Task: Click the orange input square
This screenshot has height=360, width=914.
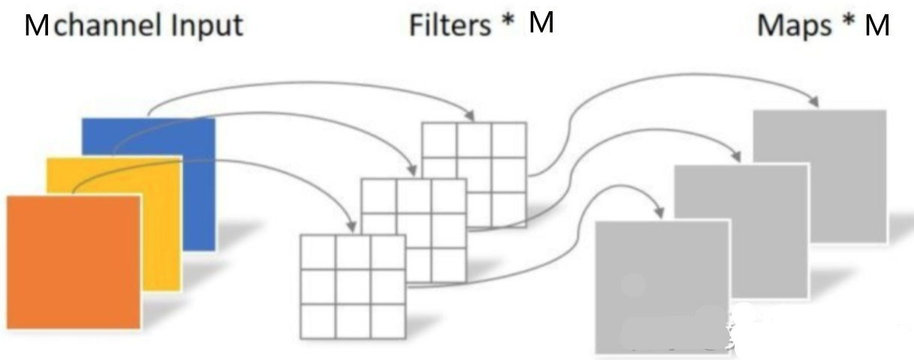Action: pyautogui.click(x=73, y=262)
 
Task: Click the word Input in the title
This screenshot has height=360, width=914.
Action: pyautogui.click(x=207, y=25)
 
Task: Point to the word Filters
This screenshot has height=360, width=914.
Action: pyautogui.click(x=450, y=25)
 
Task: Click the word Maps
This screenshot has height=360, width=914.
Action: pyautogui.click(x=794, y=25)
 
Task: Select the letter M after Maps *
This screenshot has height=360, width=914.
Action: pyautogui.click(x=877, y=25)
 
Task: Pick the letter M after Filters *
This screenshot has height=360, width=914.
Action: pyautogui.click(x=541, y=22)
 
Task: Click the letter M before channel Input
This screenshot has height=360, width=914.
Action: pyautogui.click(x=37, y=25)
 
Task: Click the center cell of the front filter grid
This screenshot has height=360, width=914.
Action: pyautogui.click(x=353, y=286)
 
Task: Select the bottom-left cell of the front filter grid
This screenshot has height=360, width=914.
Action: pyautogui.click(x=318, y=321)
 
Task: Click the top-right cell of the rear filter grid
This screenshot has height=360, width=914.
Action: pyautogui.click(x=509, y=140)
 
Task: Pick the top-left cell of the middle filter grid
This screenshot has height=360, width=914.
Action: pyautogui.click(x=378, y=196)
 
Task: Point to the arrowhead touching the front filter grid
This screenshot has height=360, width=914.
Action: pyautogui.click(x=351, y=226)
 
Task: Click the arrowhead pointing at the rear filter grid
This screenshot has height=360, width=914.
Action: pyautogui.click(x=469, y=115)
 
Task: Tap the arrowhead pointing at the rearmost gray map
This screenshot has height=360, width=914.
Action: pyautogui.click(x=814, y=101)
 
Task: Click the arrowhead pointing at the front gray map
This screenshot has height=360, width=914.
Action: pyautogui.click(x=658, y=211)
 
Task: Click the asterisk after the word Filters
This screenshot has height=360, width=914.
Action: pyautogui.click(x=508, y=20)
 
